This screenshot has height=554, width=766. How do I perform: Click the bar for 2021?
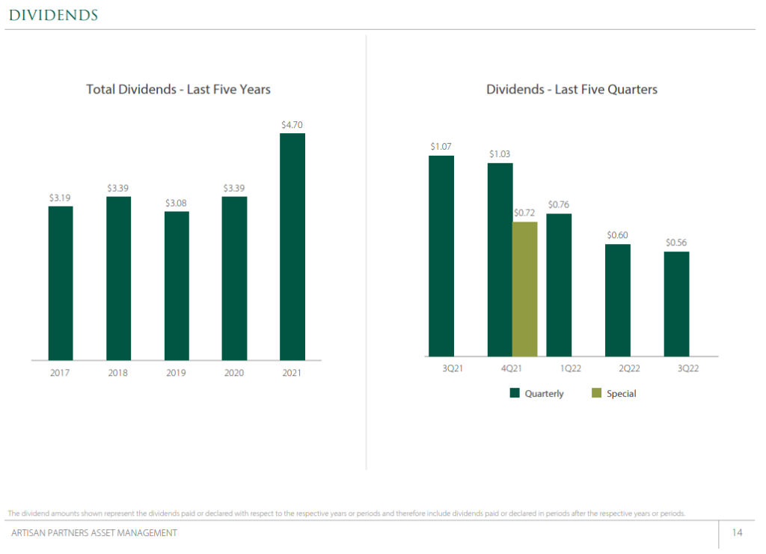coord(292,246)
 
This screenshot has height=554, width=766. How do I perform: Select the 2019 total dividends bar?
coord(177,285)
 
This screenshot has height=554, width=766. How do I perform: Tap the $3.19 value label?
coord(61,198)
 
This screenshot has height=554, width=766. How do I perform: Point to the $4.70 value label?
coord(292,125)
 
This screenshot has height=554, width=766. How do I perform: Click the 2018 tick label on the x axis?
coord(118,372)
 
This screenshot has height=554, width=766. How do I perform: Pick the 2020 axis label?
coord(234,372)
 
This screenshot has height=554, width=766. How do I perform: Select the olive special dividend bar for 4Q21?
coord(524,289)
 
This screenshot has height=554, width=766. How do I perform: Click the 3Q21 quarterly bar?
coord(441,256)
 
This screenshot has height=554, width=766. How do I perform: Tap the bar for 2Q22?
coord(618,300)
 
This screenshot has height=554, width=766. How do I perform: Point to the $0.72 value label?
coord(524,213)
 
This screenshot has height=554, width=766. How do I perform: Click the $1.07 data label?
coord(441,147)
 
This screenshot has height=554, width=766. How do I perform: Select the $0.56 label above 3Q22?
coord(676,243)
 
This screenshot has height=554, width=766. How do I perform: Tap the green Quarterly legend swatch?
coord(515,393)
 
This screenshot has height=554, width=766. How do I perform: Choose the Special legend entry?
coord(614,393)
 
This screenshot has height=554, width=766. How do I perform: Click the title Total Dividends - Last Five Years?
coord(178,89)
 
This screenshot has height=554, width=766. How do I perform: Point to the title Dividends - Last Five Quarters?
coord(572,89)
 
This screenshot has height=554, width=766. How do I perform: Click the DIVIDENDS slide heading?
coord(53,15)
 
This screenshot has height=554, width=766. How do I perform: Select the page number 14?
coord(737,533)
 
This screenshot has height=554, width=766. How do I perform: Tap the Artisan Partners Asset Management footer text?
coord(94,533)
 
